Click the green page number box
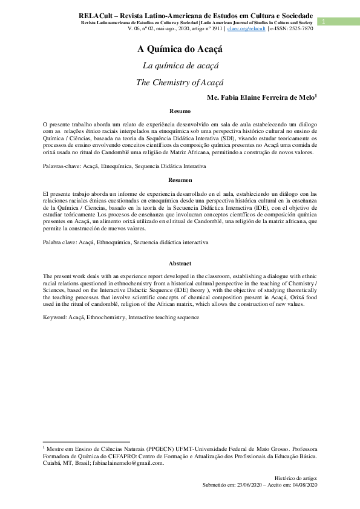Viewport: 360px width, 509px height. [324, 22]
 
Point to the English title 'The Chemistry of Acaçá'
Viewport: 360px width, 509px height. [180, 82]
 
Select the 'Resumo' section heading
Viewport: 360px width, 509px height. [180, 111]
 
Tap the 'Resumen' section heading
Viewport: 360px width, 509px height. [180, 180]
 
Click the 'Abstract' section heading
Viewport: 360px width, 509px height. [180, 264]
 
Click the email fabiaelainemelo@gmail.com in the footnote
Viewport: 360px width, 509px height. [126, 464]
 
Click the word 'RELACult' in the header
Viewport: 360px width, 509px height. [97, 15]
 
